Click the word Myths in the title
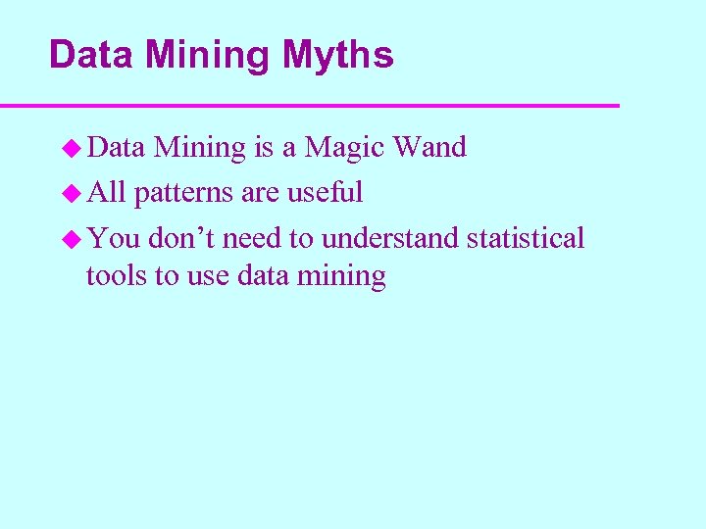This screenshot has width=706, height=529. [x=338, y=56]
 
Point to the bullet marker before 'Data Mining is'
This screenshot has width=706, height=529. [x=71, y=149]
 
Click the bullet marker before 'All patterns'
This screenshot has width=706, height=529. [x=71, y=194]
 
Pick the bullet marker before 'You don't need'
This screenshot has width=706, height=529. [x=71, y=239]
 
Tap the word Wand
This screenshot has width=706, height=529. [x=429, y=147]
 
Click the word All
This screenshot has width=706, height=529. [x=106, y=192]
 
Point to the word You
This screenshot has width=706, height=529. [x=113, y=238]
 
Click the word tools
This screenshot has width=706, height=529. [x=117, y=276]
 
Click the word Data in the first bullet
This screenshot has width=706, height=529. [x=117, y=147]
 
